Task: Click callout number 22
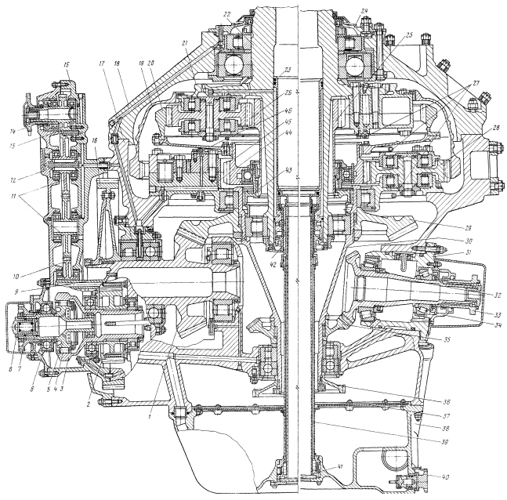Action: (x=227, y=15)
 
